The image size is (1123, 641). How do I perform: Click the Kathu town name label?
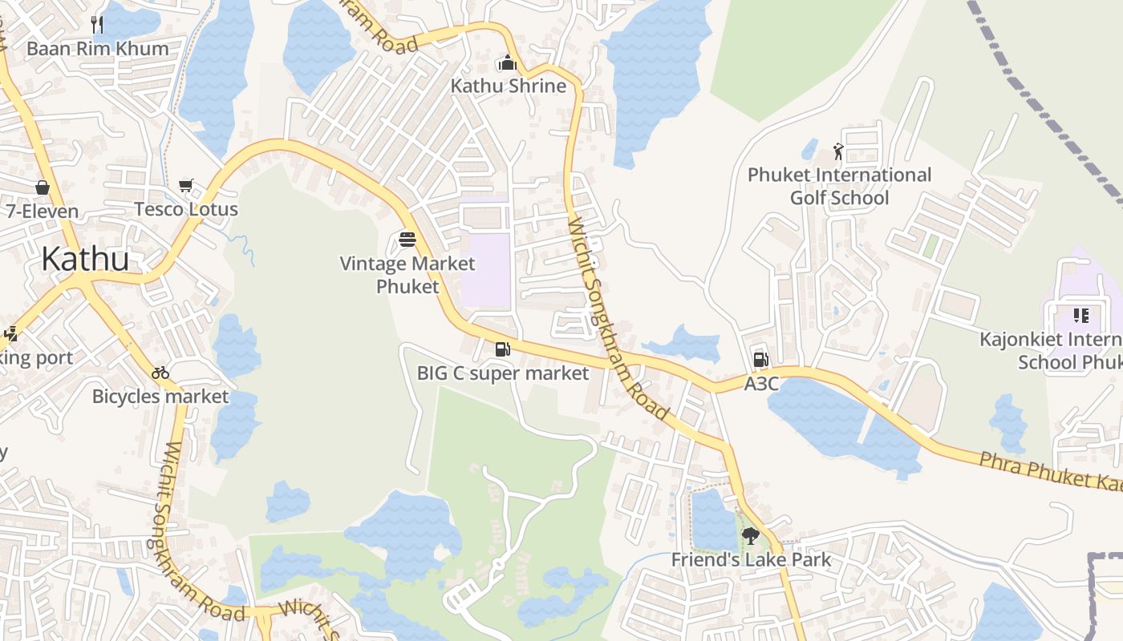[x=85, y=259]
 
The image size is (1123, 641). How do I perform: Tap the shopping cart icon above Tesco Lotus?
[x=186, y=186]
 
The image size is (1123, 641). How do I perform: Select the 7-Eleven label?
[x=43, y=212]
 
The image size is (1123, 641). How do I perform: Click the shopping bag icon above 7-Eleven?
[x=42, y=187]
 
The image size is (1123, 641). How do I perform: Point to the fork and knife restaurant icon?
[x=97, y=24]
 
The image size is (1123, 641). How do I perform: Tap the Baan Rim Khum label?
[x=98, y=48]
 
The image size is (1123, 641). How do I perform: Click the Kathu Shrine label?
[x=508, y=86]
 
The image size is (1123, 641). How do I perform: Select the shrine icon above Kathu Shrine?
[x=507, y=62]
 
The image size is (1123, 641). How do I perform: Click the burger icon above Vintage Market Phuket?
[x=407, y=240]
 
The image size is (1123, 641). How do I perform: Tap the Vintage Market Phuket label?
[x=407, y=274]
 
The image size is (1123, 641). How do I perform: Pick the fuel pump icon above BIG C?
[x=502, y=349]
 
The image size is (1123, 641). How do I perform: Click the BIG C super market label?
[x=503, y=373]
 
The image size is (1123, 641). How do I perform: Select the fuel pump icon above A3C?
[x=760, y=360]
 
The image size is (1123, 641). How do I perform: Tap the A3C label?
[x=761, y=384]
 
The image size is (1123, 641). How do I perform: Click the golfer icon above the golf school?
[x=838, y=151]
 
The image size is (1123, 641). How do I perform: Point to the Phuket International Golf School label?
[x=840, y=186]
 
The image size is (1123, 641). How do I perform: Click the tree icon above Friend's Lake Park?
[x=751, y=535]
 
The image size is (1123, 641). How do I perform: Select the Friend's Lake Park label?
[x=752, y=559]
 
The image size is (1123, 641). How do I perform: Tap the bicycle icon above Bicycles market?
[x=160, y=372]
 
